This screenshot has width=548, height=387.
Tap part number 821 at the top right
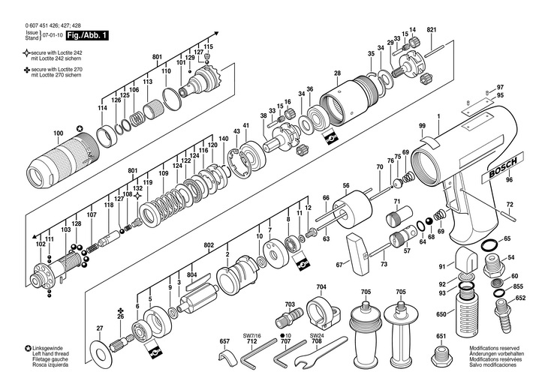431,29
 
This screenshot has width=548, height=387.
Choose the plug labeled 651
441,352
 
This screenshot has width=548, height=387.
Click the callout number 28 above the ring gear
338,73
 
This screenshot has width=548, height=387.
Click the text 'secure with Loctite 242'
61,53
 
